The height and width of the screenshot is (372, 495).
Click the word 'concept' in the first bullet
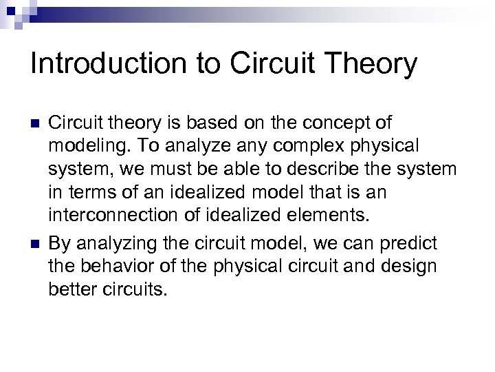(x=326, y=123)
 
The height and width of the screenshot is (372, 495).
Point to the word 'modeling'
(x=81, y=146)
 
